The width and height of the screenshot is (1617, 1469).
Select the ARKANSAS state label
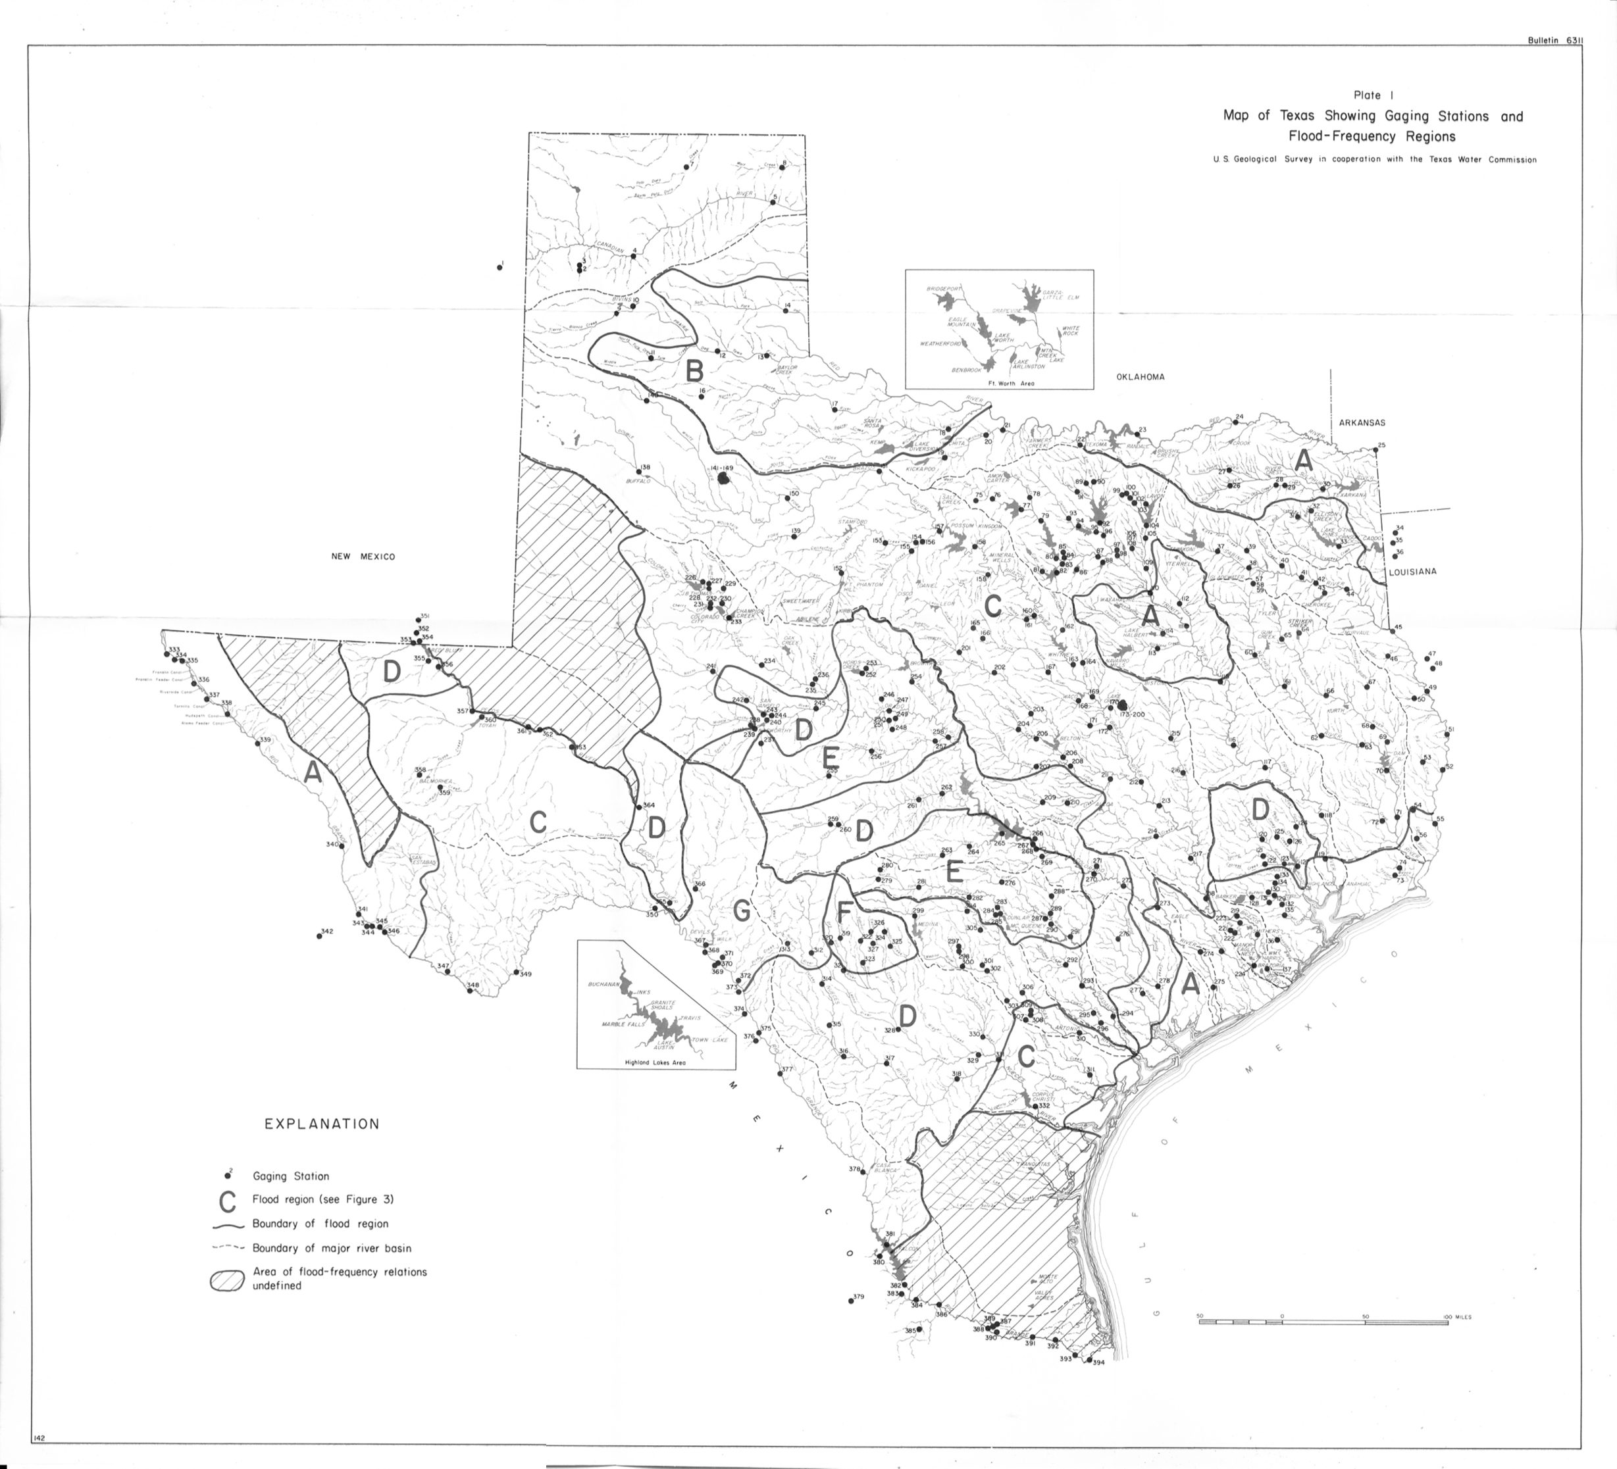point(1361,422)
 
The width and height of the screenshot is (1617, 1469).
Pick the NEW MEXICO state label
point(363,557)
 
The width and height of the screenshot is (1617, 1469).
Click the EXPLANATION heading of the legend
point(322,1124)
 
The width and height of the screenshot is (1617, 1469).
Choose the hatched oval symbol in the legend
point(227,1281)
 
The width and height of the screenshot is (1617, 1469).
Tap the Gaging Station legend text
point(290,1176)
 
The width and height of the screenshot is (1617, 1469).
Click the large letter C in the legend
point(228,1202)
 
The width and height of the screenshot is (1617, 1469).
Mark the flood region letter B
point(694,371)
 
